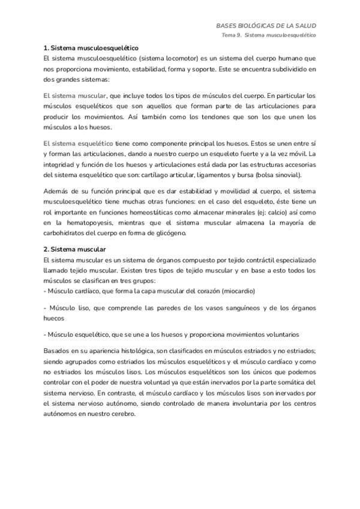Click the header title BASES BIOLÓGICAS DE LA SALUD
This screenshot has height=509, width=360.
[x=266, y=26]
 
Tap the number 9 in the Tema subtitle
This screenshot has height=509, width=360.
[x=242, y=36]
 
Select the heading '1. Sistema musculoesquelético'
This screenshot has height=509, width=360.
[x=91, y=47]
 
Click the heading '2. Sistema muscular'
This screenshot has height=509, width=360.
[x=75, y=248]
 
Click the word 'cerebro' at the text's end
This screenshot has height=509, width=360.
[x=124, y=414]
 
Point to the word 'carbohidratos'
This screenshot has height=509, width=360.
[x=67, y=233]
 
